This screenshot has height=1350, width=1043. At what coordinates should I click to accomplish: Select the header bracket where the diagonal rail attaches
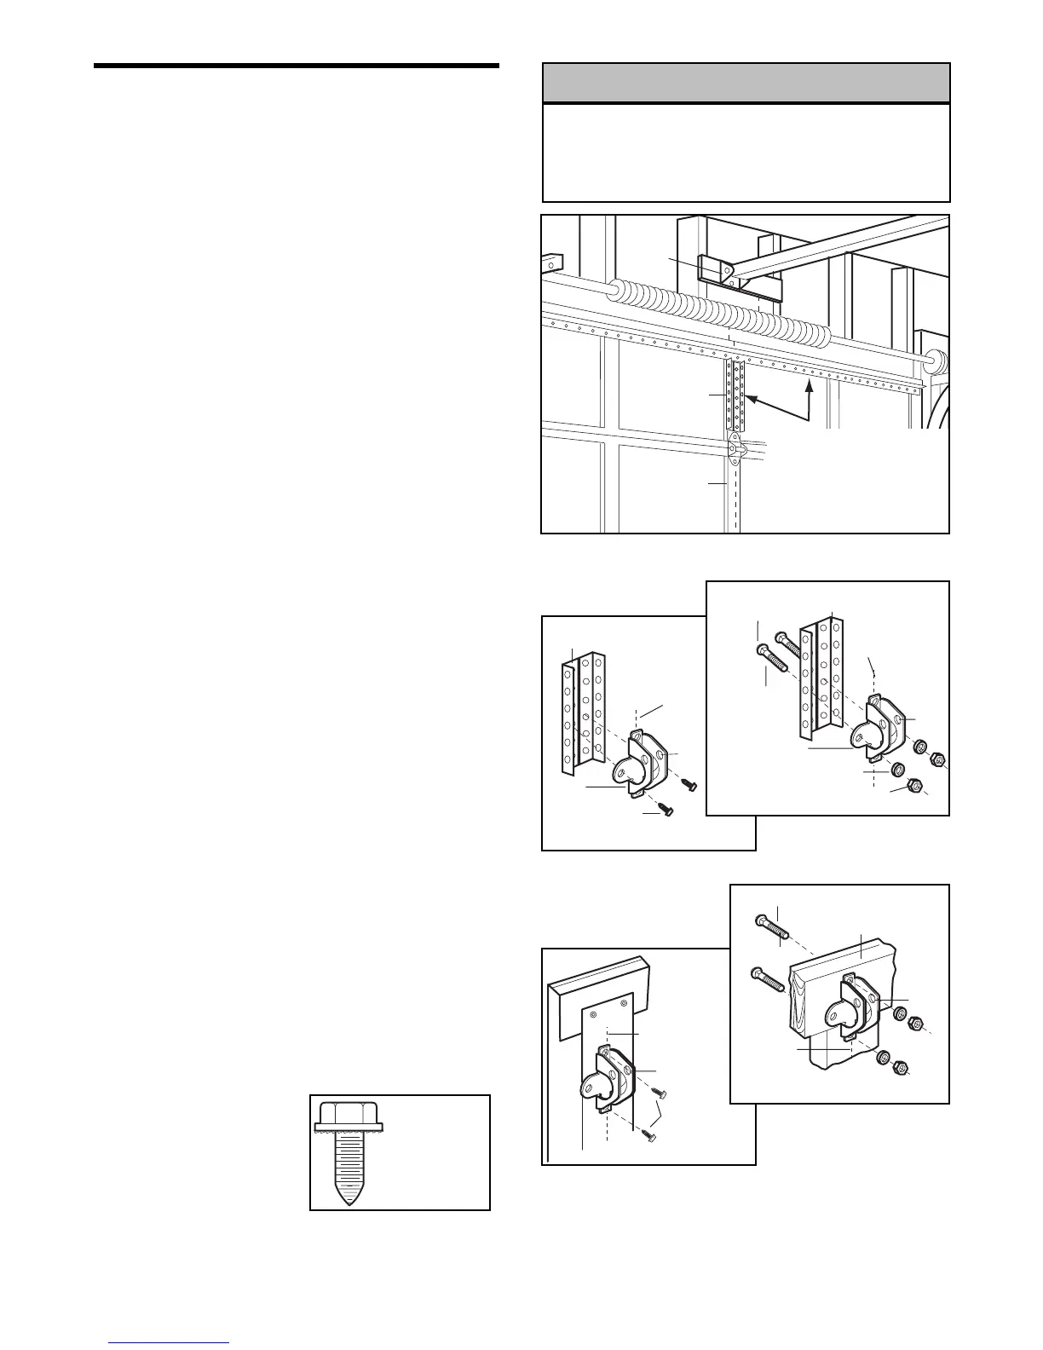[717, 271]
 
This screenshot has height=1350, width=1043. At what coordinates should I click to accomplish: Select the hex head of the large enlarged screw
[349, 1116]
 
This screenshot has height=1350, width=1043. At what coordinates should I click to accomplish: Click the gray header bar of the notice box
[746, 83]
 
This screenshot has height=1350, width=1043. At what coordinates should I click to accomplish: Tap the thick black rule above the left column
[296, 66]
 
